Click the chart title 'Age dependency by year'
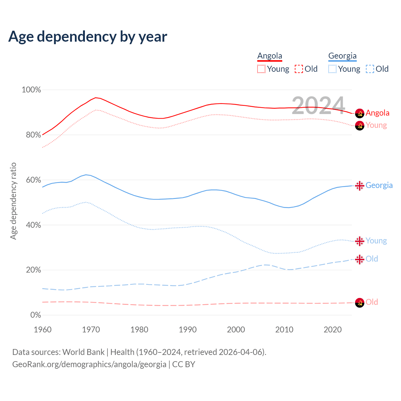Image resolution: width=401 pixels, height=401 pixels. point(88,37)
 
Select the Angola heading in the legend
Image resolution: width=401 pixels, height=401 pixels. point(270,56)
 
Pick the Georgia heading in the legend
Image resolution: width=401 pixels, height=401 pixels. point(342,56)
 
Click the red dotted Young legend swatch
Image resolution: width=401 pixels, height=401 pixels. point(261,69)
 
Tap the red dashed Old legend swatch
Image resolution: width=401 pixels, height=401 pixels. point(299,69)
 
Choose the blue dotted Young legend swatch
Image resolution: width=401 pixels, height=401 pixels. point(332,69)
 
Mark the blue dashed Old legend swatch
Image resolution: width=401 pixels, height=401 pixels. point(370,69)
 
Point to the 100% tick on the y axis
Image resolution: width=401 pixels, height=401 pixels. point(31,90)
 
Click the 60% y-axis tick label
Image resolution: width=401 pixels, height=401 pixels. point(33,180)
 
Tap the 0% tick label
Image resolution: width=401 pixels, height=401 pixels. point(36,315)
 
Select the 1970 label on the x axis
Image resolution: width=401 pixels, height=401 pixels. point(91,330)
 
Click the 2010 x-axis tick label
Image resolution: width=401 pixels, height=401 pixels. point(284,330)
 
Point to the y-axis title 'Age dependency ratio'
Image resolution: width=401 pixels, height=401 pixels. point(13,201)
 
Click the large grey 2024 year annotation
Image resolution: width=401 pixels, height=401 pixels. point(318,105)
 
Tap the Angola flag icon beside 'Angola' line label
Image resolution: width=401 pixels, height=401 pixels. point(360,113)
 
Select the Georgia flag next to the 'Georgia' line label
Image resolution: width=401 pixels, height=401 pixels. point(360,186)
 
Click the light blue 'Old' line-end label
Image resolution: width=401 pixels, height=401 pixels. point(372,259)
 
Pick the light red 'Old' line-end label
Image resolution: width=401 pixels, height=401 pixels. point(372,302)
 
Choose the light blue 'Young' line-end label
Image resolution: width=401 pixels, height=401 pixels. point(376,241)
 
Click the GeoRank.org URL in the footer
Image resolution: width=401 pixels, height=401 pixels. point(89,364)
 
